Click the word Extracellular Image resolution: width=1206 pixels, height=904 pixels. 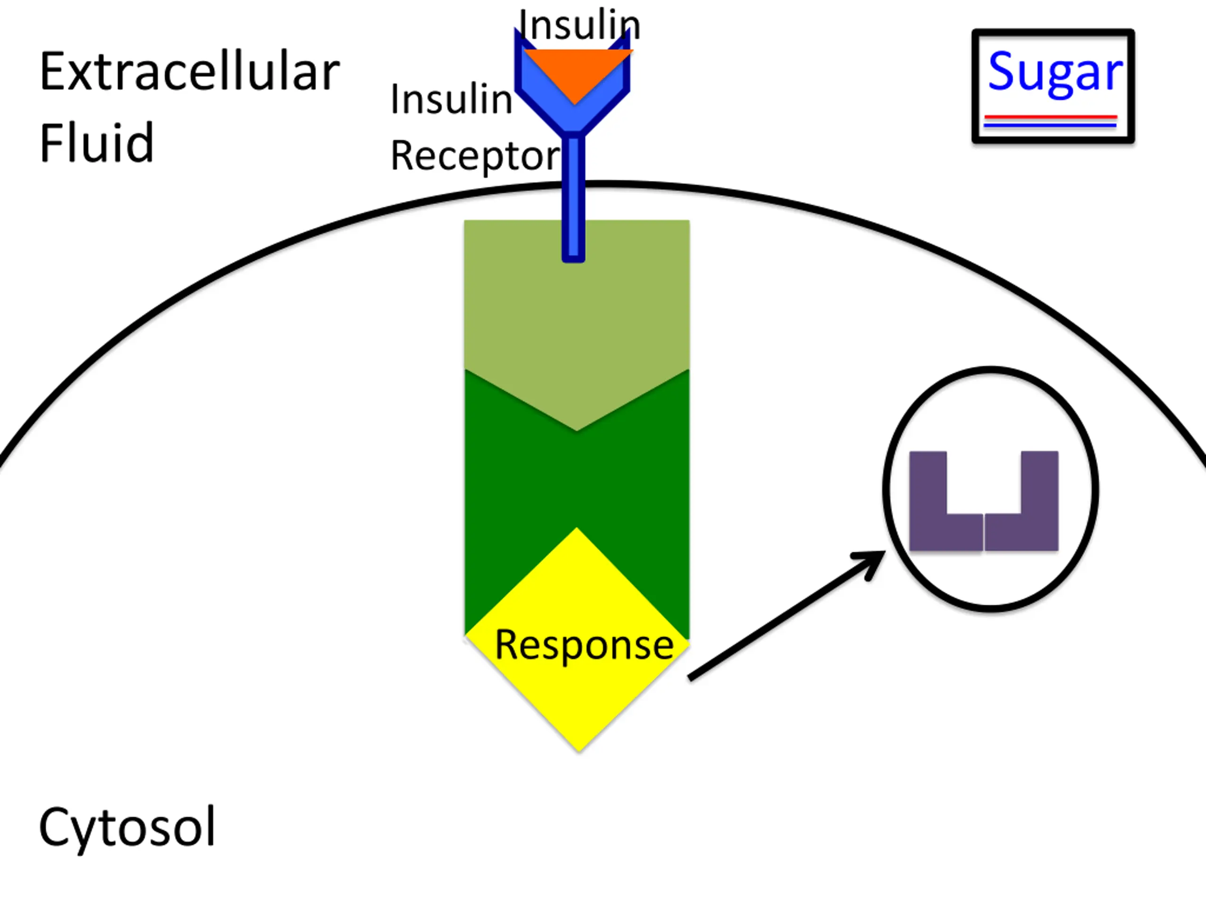coord(189,72)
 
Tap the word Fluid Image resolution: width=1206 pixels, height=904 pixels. coord(97,143)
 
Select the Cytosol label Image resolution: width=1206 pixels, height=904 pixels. coord(127,827)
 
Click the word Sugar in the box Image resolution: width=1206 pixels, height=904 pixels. coord(1054,73)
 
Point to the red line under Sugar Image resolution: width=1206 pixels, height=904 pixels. coord(1051,117)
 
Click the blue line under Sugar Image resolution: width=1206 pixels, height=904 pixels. coord(1051,125)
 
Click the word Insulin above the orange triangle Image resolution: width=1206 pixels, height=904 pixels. coord(579,25)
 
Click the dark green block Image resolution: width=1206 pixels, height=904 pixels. coord(576,479)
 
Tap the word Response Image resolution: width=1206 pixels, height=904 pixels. coord(584,645)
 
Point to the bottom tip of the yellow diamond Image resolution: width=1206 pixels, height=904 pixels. coord(579,749)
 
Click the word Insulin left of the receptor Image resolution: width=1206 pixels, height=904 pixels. coord(451,100)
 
